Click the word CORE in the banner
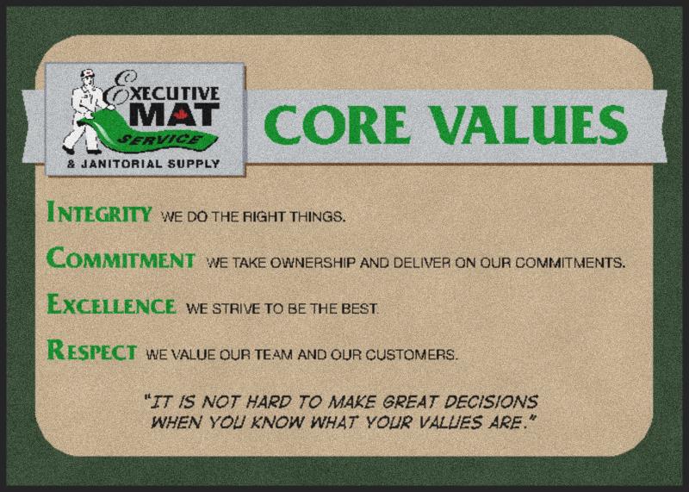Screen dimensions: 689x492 click(x=338, y=125)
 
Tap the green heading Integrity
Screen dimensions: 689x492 click(x=99, y=212)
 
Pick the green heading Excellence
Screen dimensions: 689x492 click(x=111, y=304)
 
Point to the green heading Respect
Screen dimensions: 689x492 click(x=92, y=350)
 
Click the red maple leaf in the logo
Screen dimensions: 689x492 click(x=179, y=115)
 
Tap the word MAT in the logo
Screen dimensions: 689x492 click(x=174, y=115)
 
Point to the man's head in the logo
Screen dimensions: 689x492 click(x=88, y=78)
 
